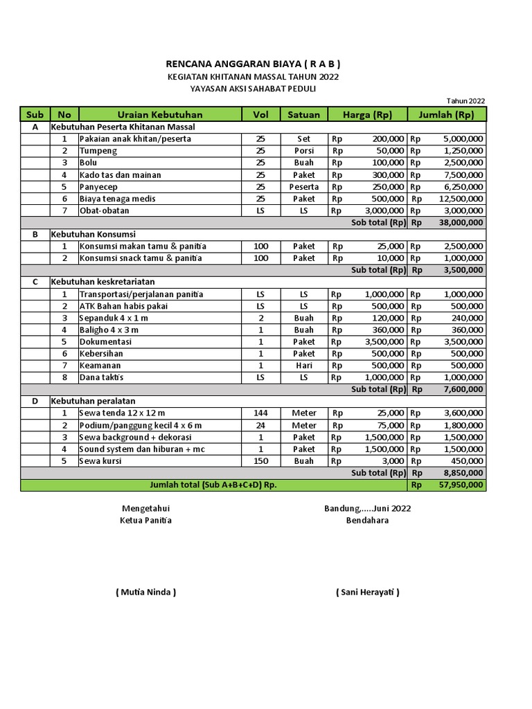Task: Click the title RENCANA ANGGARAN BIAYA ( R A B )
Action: (x=253, y=64)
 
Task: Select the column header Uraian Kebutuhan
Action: (x=159, y=114)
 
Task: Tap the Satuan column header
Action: (x=303, y=114)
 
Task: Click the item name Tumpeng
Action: (x=98, y=151)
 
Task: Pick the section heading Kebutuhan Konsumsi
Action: (x=93, y=235)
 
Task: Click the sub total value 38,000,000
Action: (x=461, y=223)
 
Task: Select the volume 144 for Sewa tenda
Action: (x=260, y=413)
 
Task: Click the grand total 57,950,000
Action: (x=461, y=485)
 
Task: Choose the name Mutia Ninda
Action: (x=145, y=592)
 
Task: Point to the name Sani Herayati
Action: (x=367, y=592)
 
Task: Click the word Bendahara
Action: (x=367, y=521)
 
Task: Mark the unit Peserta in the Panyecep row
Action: (x=303, y=187)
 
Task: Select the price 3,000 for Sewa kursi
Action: (x=391, y=461)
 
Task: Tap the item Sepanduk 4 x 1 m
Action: (x=114, y=318)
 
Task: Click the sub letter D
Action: (x=35, y=402)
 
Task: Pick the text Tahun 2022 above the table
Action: (x=465, y=101)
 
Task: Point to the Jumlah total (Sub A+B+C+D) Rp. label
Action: (x=209, y=485)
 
